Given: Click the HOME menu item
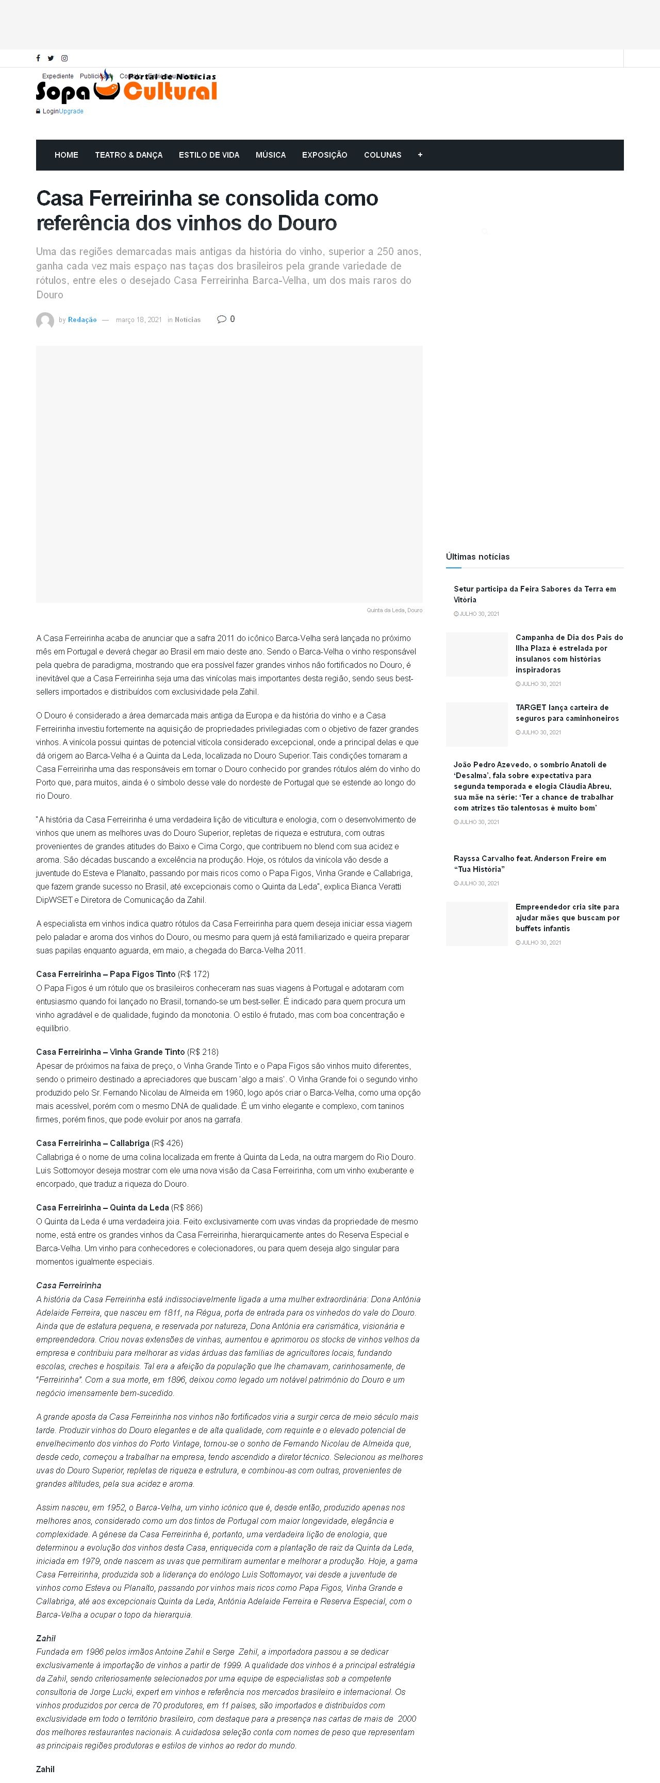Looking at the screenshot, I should pyautogui.click(x=67, y=155).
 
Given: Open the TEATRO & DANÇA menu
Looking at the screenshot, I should pyautogui.click(x=129, y=155).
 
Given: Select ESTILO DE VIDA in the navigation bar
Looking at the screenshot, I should pyautogui.click(x=209, y=155).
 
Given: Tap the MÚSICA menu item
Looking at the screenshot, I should pyautogui.click(x=271, y=155).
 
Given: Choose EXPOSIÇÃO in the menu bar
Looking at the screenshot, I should pyautogui.click(x=325, y=155).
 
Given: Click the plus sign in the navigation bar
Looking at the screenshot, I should pyautogui.click(x=420, y=155).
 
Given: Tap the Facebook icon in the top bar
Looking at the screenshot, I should pyautogui.click(x=38, y=59).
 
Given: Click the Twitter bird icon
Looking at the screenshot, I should pyautogui.click(x=51, y=59).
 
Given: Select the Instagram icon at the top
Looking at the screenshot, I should pyautogui.click(x=64, y=59).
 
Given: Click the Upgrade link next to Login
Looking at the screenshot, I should pyautogui.click(x=71, y=111).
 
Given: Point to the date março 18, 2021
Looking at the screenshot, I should pyautogui.click(x=139, y=320).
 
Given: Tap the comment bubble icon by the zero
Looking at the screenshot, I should pyautogui.click(x=222, y=319).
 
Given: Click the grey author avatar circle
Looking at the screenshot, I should pyautogui.click(x=45, y=321).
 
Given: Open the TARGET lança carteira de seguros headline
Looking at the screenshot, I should pyautogui.click(x=567, y=713).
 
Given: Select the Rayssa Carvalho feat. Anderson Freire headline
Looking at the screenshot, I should pyautogui.click(x=530, y=864).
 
